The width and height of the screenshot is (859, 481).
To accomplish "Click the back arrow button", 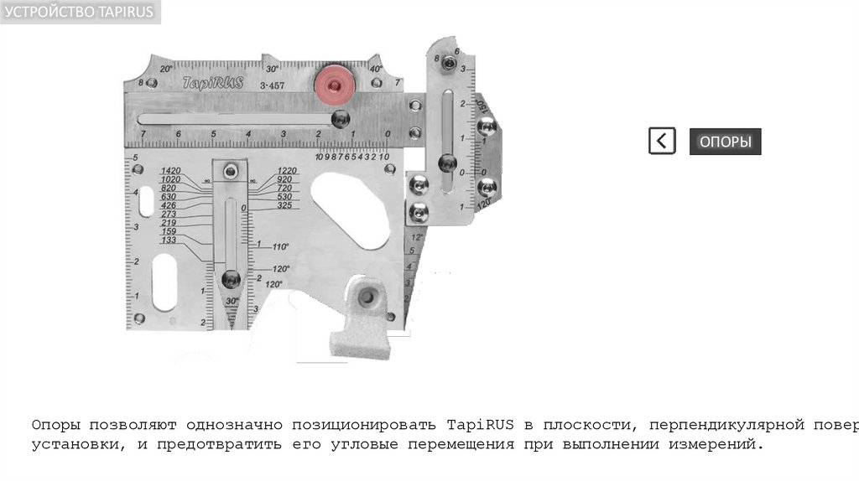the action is coord(662,141).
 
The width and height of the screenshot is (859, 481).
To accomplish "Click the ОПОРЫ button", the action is coord(725,142).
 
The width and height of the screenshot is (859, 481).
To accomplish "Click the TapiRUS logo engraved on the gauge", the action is coord(212,83).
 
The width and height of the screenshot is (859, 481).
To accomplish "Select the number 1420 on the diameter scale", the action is coord(171,171).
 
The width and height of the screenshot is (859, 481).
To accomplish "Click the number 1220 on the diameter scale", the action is coord(288,171).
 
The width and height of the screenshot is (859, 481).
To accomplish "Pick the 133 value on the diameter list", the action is coord(169,240).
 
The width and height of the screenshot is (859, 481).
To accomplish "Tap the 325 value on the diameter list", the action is coord(284,205).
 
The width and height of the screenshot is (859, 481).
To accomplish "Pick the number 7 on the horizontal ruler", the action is coord(143,134).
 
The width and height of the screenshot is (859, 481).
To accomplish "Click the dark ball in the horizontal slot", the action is coord(339,120).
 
